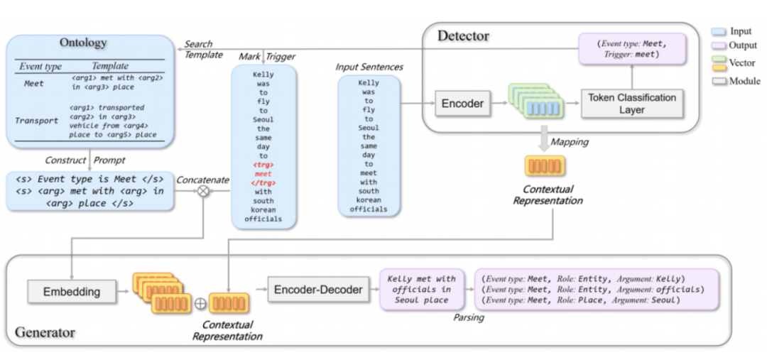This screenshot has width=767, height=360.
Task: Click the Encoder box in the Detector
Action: pyautogui.click(x=463, y=104)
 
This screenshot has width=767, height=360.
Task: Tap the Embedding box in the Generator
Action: pyautogui.click(x=71, y=291)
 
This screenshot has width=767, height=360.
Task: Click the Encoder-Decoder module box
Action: pyautogui.click(x=318, y=290)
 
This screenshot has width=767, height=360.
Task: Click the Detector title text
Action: pyautogui.click(x=463, y=36)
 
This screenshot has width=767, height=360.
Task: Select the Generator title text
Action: pyautogui.click(x=45, y=332)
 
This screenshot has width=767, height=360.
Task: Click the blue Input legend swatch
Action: pyautogui.click(x=718, y=31)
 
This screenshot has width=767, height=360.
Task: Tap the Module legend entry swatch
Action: pyautogui.click(x=718, y=82)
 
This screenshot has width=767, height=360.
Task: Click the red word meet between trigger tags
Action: pyautogui.click(x=263, y=173)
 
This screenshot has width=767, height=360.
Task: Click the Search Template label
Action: pyautogui.click(x=199, y=49)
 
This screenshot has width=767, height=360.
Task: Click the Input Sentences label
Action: pyautogui.click(x=369, y=67)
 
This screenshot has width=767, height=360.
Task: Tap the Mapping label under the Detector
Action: pyautogui.click(x=570, y=142)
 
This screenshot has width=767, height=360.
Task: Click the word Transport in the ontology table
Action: pyautogui.click(x=37, y=121)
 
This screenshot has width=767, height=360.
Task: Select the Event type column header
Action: pyautogui.click(x=40, y=66)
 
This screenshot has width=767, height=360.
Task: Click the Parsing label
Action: pyautogui.click(x=469, y=317)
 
